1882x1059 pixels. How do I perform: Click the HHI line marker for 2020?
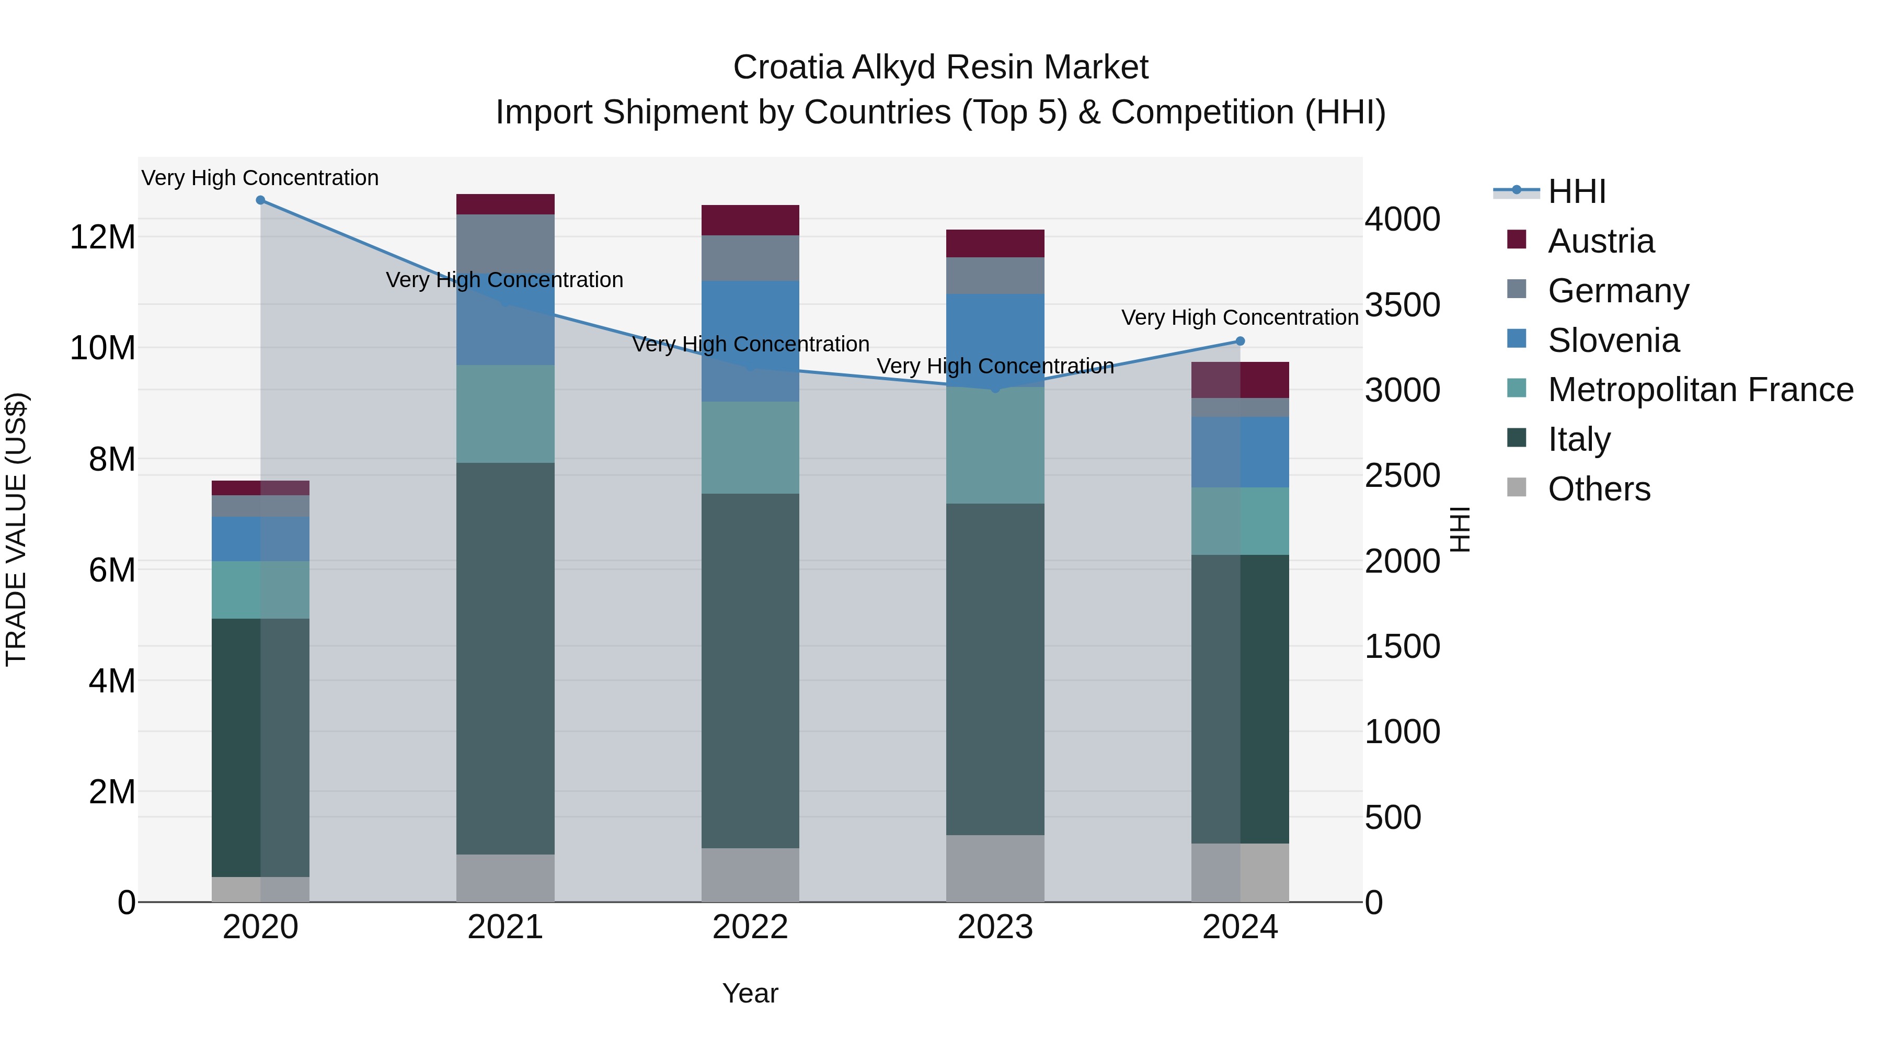point(260,200)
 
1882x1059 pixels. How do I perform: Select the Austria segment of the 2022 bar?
point(750,220)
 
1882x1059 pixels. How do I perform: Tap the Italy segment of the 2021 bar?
point(506,658)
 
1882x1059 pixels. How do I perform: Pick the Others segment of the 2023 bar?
point(995,868)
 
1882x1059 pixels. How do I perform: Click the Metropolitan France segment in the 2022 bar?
point(750,447)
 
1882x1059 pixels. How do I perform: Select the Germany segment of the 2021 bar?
point(506,241)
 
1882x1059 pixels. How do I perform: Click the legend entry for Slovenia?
point(1613,340)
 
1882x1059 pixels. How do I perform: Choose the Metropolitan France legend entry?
point(1700,390)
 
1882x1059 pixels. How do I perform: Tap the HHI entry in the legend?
point(1577,191)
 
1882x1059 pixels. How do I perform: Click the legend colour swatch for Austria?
point(1517,240)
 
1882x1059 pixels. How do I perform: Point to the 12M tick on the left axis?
point(102,237)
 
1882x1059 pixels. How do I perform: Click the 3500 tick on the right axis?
point(1402,305)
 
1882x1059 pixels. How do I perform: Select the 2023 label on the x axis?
point(995,927)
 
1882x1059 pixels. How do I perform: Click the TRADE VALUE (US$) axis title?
point(16,529)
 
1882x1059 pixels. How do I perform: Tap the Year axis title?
point(750,993)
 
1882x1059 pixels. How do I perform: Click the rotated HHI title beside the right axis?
point(1460,529)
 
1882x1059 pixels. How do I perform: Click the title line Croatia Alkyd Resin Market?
point(940,67)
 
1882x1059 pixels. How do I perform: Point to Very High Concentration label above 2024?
point(1240,318)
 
